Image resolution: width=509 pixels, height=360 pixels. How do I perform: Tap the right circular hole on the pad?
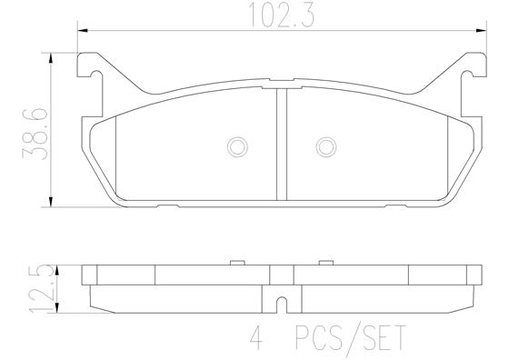[324, 146]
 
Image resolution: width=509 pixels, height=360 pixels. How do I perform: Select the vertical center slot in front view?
[280, 145]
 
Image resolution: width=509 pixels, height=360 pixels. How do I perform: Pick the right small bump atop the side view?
[324, 263]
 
